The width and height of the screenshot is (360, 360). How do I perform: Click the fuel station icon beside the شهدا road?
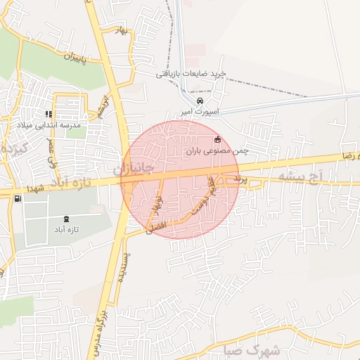pyautogui.click(x=17, y=198)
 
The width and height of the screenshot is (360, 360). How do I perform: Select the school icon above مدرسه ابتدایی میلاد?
pyautogui.click(x=49, y=114)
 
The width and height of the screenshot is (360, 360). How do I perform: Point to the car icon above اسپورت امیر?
pyautogui.click(x=200, y=101)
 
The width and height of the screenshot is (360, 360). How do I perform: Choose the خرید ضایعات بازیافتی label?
pyautogui.click(x=191, y=73)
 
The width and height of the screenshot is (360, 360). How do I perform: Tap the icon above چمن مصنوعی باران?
pyautogui.click(x=217, y=139)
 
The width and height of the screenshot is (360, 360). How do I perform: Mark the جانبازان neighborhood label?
pyautogui.click(x=134, y=169)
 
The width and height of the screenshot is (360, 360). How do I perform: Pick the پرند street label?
pyautogui.click(x=241, y=181)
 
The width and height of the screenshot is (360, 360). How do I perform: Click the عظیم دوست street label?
pyautogui.click(x=204, y=199)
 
